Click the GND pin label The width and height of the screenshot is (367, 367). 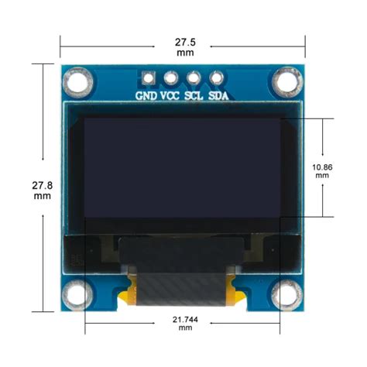tap(146, 96)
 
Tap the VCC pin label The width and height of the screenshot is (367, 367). tap(170, 96)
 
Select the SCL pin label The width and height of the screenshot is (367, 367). tap(194, 96)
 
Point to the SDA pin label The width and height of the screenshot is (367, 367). tap(218, 96)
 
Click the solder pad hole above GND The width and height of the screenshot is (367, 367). tap(147, 77)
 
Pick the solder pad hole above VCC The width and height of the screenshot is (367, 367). tap(170, 77)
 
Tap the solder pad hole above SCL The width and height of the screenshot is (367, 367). tap(194, 77)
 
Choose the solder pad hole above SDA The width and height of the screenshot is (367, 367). tap(217, 77)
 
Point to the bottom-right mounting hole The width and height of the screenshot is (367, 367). tap(286, 292)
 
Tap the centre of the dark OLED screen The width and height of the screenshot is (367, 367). tap(183, 168)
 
